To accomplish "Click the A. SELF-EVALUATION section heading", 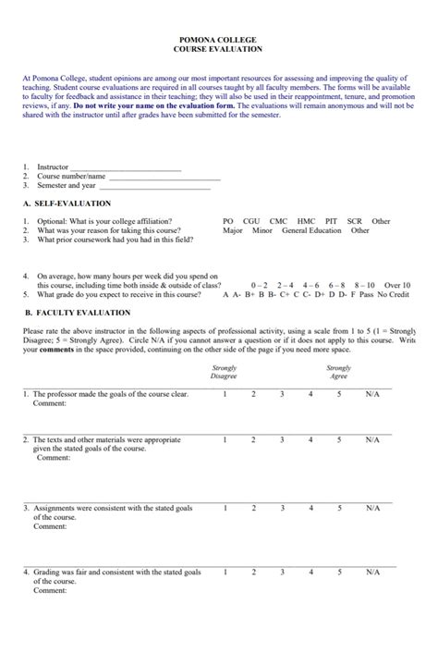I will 67,203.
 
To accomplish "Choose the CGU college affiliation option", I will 251,222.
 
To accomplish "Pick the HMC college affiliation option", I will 306,222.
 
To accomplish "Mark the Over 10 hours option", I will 397,286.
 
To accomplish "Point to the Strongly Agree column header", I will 338,372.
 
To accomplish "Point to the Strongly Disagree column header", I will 225,372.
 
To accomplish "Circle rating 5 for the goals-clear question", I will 339,395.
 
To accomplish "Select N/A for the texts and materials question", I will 372,440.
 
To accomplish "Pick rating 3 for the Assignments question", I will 282,508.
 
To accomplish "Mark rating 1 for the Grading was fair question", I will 225,573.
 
